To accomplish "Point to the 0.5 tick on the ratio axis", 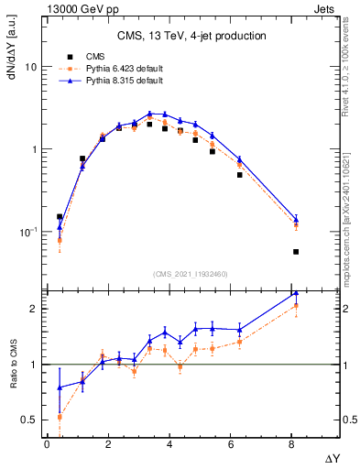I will coord(29,420).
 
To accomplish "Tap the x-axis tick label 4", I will coord(170,444).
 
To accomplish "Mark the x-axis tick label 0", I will coord(47,444).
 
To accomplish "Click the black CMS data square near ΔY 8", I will coord(295,252).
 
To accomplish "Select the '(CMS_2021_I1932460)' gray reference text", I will coord(191,273).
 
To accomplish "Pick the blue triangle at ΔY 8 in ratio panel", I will coord(295,294).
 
